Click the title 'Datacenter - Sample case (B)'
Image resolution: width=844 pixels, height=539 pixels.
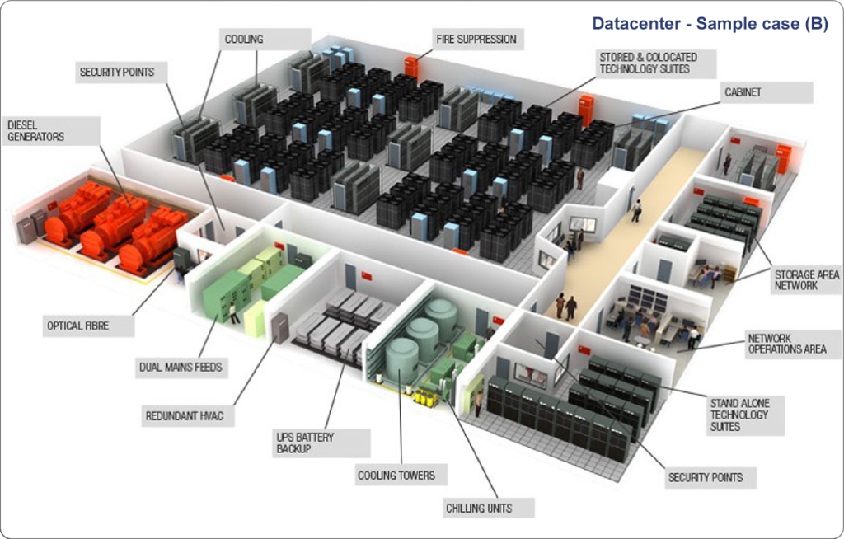coord(710,24)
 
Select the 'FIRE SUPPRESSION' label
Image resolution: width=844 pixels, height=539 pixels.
coord(476,39)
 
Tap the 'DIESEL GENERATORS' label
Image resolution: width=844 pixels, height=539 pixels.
coord(35,130)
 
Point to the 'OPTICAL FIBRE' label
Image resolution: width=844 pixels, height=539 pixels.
coord(77,326)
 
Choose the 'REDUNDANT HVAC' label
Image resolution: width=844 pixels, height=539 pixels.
coord(184,416)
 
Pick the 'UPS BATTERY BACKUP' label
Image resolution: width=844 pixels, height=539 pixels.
coord(306,443)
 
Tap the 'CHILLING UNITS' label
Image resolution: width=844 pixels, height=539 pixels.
coord(479,508)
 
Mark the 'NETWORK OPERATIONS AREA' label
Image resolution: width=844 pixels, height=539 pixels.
coord(786,344)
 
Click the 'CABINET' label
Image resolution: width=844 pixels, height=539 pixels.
coord(743,92)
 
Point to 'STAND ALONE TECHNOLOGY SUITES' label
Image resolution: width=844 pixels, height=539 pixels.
coord(739,415)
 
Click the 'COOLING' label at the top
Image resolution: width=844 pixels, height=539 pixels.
coord(244,39)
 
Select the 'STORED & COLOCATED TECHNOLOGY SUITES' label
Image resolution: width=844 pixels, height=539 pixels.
coord(648,63)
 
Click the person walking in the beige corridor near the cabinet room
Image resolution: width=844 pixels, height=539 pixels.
coord(636,211)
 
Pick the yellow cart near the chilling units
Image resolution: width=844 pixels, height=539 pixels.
coord(425,397)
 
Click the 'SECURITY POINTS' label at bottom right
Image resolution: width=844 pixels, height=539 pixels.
coord(705,477)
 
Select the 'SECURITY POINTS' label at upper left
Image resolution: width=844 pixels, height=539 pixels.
coord(116,73)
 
